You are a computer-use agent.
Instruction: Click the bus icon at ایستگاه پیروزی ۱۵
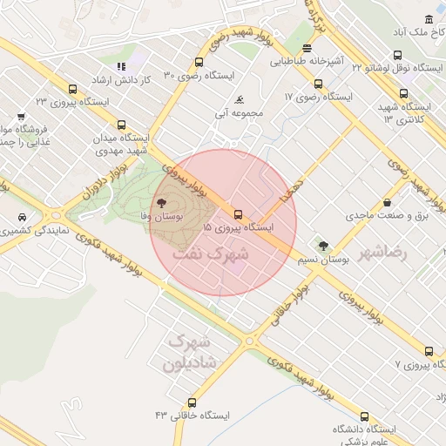tap(237, 213)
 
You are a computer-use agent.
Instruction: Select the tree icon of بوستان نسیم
tap(324, 247)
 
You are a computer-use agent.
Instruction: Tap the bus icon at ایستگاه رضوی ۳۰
tap(199, 63)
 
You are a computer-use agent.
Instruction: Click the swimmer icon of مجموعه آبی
tap(239, 99)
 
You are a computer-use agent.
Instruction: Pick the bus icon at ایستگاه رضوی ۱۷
tap(318, 84)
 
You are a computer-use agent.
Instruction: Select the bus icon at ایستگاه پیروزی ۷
tap(429, 351)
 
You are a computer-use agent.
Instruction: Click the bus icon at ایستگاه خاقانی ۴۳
tap(192, 402)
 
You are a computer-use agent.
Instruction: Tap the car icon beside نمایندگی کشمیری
tap(21, 217)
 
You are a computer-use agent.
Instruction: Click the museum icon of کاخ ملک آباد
tap(429, 20)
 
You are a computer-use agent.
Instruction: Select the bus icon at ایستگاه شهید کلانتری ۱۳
tap(403, 94)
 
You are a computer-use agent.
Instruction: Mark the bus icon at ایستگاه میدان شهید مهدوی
tap(121, 125)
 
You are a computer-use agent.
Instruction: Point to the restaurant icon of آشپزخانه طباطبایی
tap(307, 50)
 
